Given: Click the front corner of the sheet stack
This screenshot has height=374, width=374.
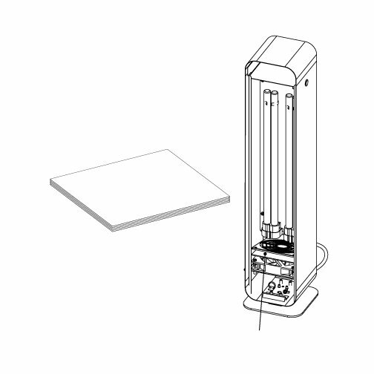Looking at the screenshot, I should [113, 226].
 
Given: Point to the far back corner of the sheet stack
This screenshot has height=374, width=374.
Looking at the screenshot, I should [170, 150].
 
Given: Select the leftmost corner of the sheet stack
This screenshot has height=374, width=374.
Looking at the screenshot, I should [50, 180].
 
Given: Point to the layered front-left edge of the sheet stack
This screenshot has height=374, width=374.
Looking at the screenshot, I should [82, 204].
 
